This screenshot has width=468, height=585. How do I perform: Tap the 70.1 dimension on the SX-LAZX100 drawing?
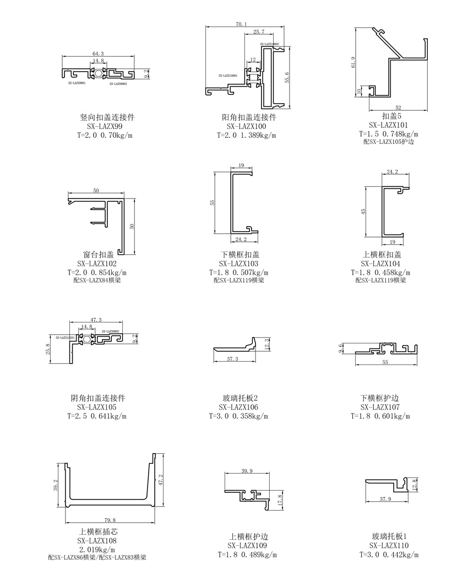coord(241,24)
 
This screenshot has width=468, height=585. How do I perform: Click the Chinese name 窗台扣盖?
coord(99,254)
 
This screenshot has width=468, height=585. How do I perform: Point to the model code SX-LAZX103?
coord(239,264)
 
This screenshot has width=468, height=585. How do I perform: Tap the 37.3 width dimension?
coord(233,359)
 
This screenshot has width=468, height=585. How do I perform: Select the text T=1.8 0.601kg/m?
coord(380,416)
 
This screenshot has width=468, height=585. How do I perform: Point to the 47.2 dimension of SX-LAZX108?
coord(161,480)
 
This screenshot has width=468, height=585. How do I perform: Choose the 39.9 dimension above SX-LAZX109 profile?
coord(247,471)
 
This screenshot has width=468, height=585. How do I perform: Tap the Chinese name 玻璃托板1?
coord(389,536)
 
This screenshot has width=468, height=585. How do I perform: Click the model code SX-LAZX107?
coord(380,407)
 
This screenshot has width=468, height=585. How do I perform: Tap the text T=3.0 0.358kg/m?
coord(239,416)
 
